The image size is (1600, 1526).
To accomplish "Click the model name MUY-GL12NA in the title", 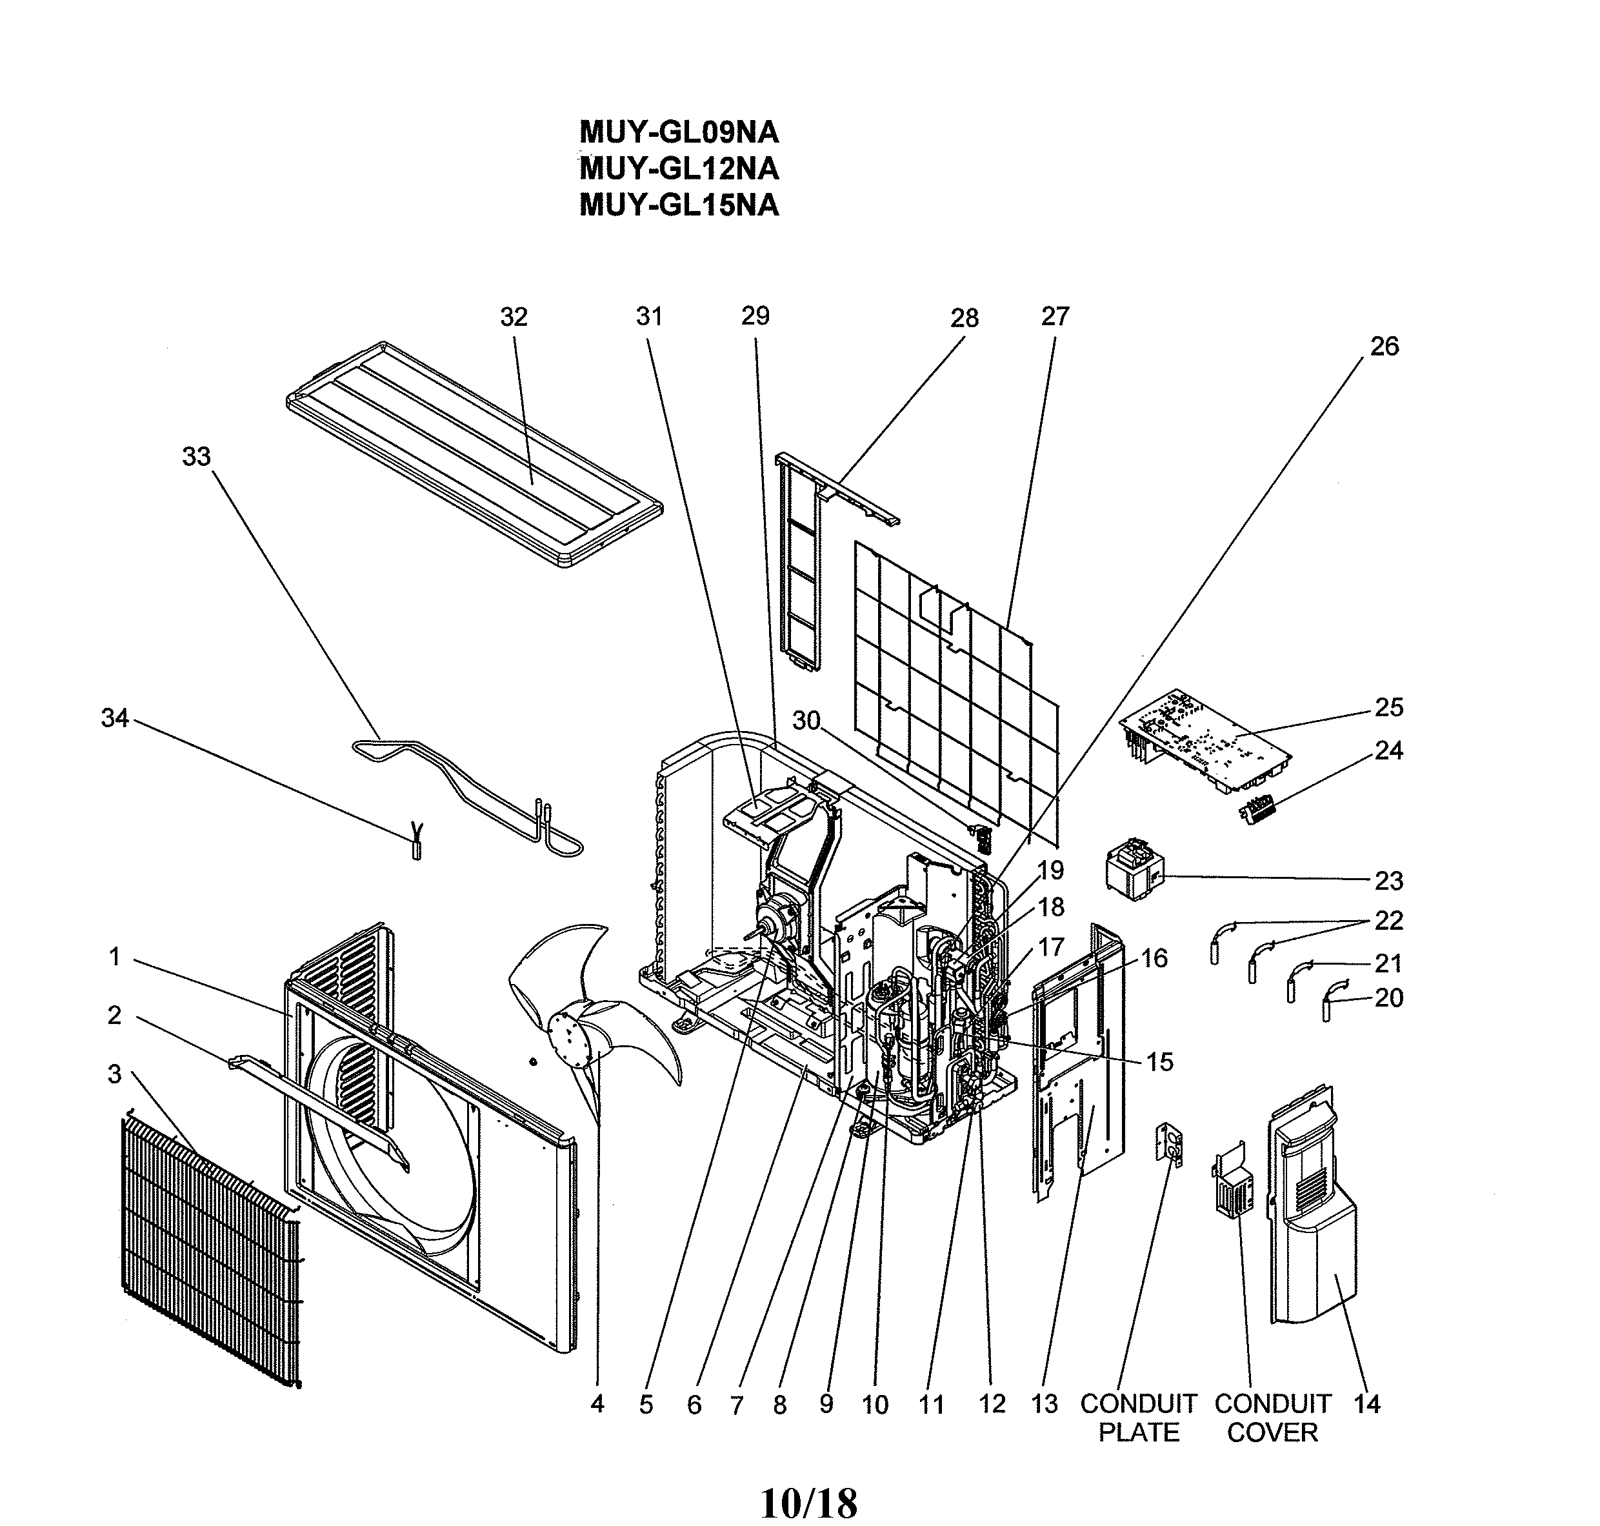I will pos(679,168).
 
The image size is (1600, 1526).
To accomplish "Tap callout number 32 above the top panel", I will pos(514,317).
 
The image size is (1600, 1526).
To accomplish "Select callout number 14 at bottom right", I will pos(1366,1403).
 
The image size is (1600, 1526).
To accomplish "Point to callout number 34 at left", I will pos(115,718).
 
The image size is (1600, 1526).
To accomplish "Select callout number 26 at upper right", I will pos(1384,346).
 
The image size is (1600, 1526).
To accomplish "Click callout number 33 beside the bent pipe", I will pos(196,457).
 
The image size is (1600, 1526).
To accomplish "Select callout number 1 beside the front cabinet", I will pos(115,957).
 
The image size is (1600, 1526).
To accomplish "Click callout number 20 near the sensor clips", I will pos(1388,998).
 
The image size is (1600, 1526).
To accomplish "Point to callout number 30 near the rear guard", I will pos(806,721).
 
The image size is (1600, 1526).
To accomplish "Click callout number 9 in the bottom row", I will pos(826,1403).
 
